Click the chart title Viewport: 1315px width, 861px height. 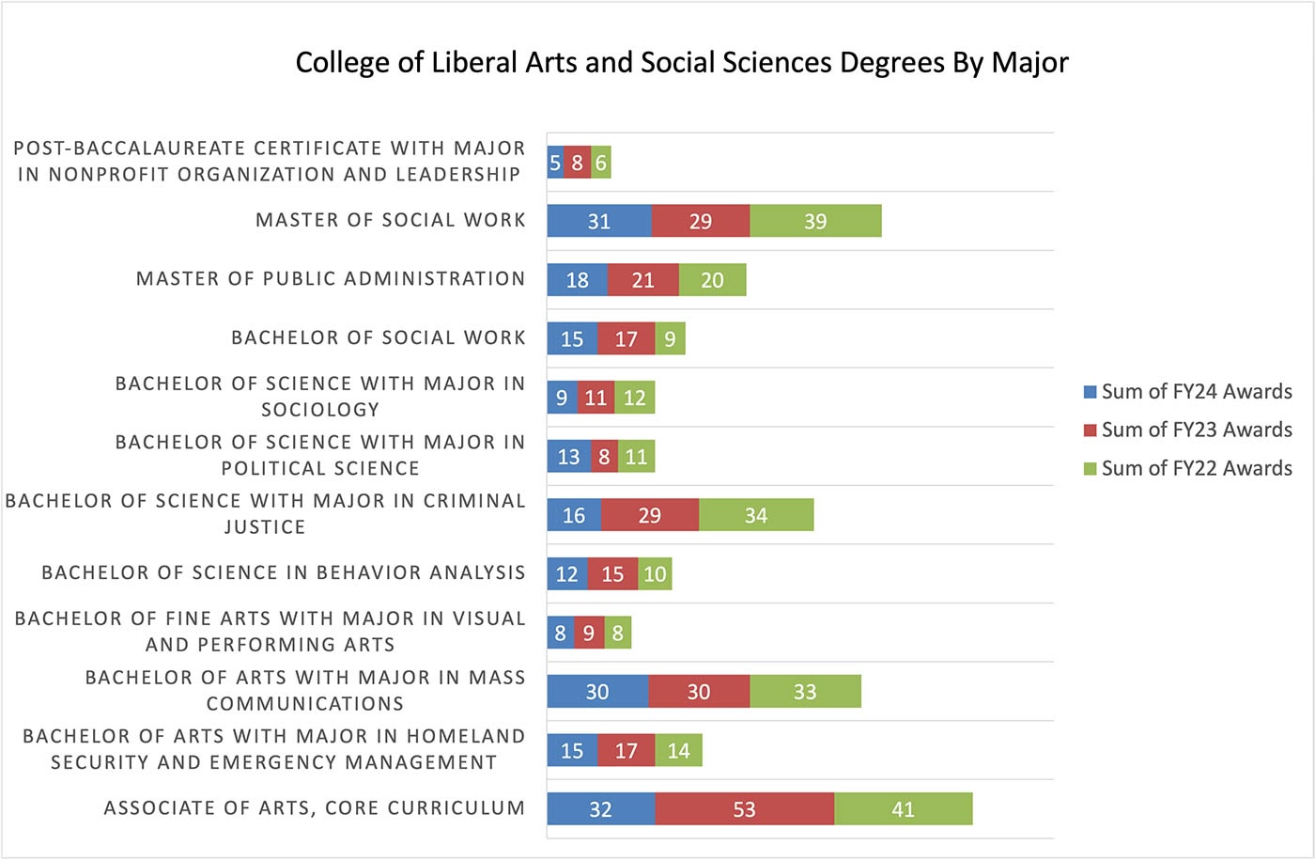[x=682, y=63]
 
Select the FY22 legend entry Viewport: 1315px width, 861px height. [x=1188, y=468]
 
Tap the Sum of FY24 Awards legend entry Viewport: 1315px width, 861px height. [x=1188, y=392]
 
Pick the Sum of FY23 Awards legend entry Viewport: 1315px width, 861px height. [x=1188, y=430]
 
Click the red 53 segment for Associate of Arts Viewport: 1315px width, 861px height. [x=744, y=809]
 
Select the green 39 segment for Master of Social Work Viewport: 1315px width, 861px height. [x=815, y=222]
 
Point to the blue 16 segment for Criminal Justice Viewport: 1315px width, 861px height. [x=574, y=515]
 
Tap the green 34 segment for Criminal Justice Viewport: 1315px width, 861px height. [x=756, y=515]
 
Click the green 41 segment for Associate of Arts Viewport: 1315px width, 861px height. [x=903, y=809]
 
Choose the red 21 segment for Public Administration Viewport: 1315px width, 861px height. [x=642, y=280]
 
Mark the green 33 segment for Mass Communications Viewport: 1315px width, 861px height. [x=805, y=692]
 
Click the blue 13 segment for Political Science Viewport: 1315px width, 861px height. [x=569, y=457]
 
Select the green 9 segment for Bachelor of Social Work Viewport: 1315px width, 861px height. [x=670, y=339]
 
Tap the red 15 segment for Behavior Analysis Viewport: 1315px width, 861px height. [x=612, y=574]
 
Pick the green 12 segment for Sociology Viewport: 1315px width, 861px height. [x=635, y=398]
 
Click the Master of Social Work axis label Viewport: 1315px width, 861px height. [x=390, y=220]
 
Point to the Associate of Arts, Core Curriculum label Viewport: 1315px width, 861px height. [x=314, y=808]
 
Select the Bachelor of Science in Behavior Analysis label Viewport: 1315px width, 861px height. [x=283, y=572]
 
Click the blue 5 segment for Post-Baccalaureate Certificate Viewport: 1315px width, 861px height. [x=555, y=163]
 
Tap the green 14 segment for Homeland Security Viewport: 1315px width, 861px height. [x=678, y=751]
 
